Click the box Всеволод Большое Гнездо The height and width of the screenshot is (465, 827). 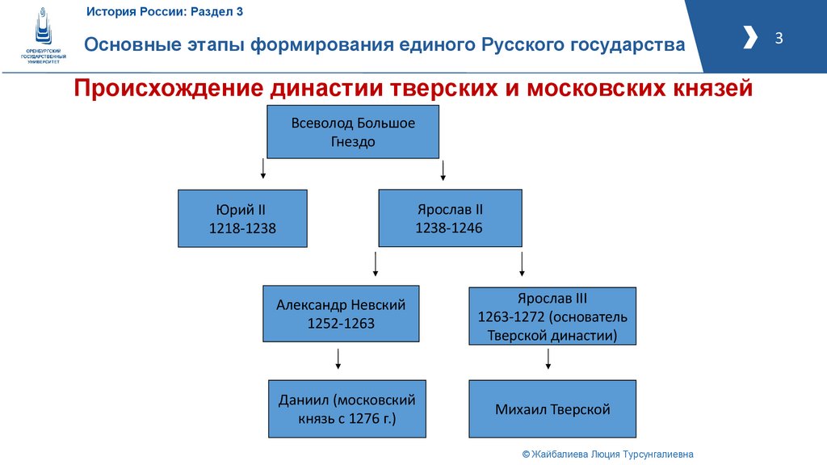click(353, 132)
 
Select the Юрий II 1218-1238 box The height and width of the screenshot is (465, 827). click(242, 218)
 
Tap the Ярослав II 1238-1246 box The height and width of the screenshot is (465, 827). click(450, 218)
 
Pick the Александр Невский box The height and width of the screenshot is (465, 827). click(341, 313)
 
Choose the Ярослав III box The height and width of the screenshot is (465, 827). click(552, 316)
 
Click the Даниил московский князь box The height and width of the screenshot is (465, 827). click(346, 409)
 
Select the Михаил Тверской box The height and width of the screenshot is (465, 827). click(552, 409)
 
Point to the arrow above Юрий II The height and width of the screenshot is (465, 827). click(262, 169)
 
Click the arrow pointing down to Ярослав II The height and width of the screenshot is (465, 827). click(443, 170)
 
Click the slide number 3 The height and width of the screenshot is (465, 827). click(779, 38)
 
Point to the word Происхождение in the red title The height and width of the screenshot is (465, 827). click(161, 88)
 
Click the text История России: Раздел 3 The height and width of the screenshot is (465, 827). click(165, 12)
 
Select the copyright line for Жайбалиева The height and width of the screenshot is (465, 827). click(607, 455)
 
